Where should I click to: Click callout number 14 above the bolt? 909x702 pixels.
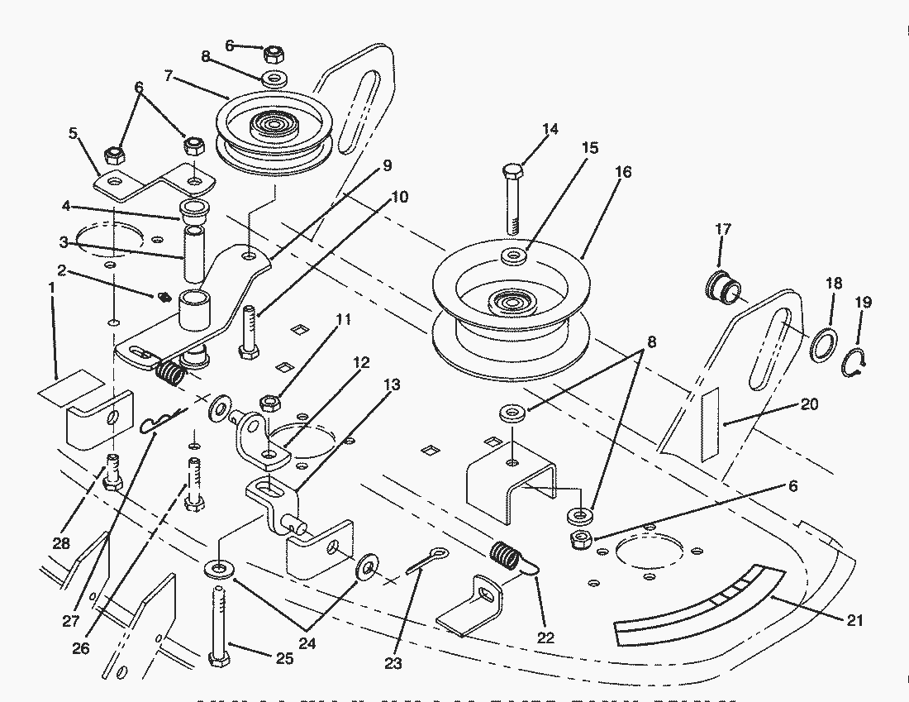coord(550,129)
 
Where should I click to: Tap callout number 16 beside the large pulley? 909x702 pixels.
coord(623,172)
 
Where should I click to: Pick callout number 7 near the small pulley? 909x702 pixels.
coord(169,75)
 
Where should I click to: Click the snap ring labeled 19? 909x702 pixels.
coord(856,364)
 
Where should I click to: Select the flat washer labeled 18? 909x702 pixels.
coord(822,344)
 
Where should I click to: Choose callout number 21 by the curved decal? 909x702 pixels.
coord(856,620)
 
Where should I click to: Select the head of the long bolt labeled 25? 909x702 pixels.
coord(218,660)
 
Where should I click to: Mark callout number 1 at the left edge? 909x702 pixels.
coord(50,287)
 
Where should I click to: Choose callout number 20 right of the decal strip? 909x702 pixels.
coord(810,404)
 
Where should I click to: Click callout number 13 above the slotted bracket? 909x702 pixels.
coord(393,384)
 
